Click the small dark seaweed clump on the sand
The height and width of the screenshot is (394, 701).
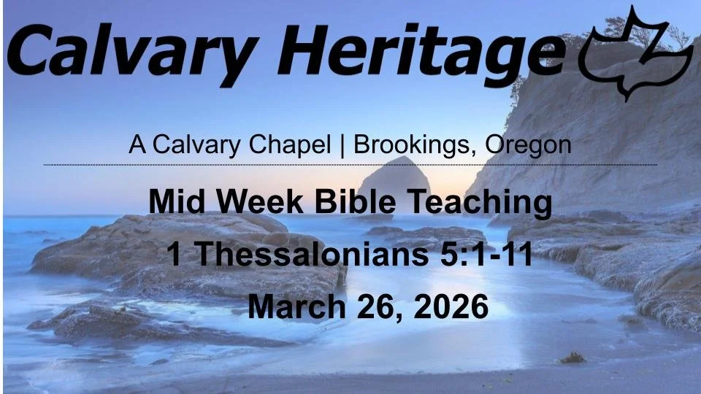click(572, 358)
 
